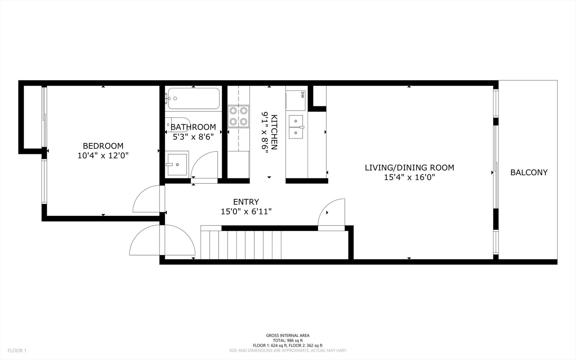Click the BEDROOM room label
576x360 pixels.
click(x=103, y=146)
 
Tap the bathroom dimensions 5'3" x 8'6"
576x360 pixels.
click(x=193, y=137)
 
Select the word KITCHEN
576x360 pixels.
click(x=274, y=132)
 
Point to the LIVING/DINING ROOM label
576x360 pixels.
click(x=409, y=168)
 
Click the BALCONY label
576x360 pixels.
click(x=529, y=172)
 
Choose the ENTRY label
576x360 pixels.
click(x=246, y=202)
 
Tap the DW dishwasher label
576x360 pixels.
click(x=302, y=95)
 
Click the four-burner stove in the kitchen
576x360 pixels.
click(x=238, y=116)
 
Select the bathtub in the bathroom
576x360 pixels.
click(x=193, y=98)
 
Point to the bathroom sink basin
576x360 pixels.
click(x=177, y=165)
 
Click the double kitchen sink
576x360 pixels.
click(x=296, y=127)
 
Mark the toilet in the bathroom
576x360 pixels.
click(x=178, y=125)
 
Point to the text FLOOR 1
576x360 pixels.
click(x=17, y=351)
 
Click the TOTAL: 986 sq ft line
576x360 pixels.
click(x=288, y=341)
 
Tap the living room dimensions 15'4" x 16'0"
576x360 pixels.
click(x=409, y=177)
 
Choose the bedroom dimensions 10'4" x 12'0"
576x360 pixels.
click(x=103, y=155)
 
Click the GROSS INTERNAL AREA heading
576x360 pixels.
click(x=288, y=335)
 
